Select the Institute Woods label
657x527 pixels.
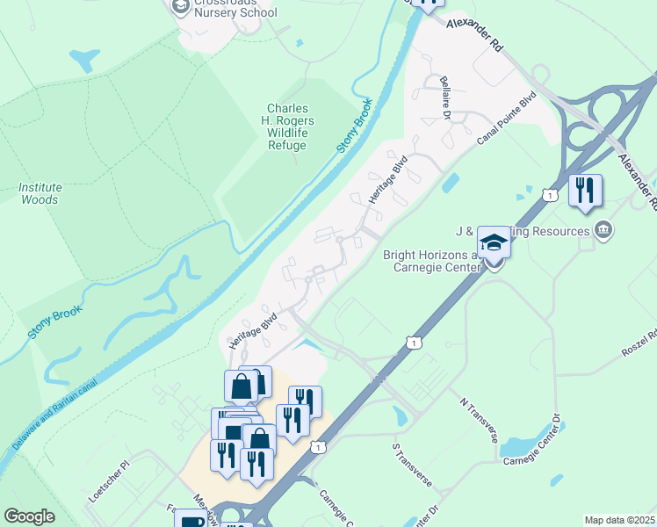coord(40,193)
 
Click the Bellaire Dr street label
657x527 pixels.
coord(445,97)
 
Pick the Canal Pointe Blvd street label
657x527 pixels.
coord(506,121)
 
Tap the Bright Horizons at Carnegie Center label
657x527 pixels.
coord(429,261)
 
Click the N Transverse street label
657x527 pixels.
coord(478,419)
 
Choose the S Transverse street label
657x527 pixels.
coord(412,465)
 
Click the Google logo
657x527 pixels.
coord(29,516)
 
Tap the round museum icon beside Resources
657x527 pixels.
coord(603,231)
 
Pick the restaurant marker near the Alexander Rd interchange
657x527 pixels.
coord(585,190)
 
